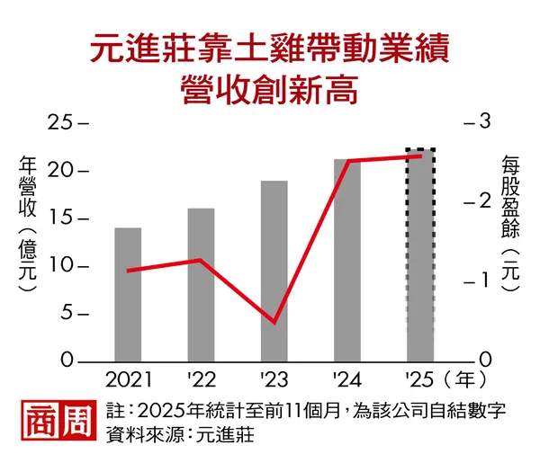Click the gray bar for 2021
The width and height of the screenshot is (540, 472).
click(128, 295)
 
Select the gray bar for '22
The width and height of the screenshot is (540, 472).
click(201, 285)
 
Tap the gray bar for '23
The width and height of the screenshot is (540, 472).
click(274, 272)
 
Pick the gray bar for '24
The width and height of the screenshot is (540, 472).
click(347, 261)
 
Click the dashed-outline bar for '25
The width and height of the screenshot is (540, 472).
click(420, 255)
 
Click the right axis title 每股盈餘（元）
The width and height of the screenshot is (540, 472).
click(511, 216)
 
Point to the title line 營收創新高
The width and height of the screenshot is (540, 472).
click(269, 88)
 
